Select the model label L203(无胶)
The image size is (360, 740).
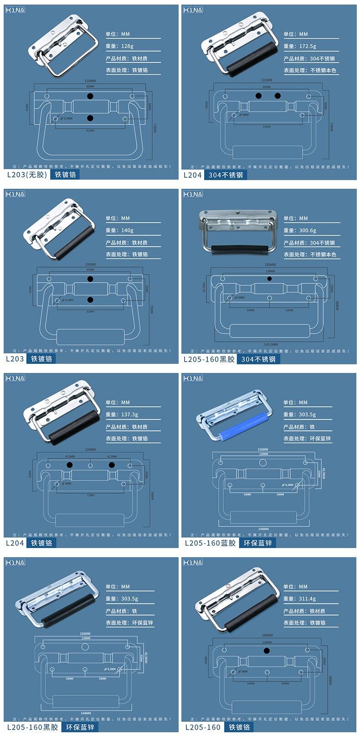click(27, 175)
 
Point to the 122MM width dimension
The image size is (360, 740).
click(267, 80)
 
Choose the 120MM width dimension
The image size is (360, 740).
click(90, 450)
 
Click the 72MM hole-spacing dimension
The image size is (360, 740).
click(90, 495)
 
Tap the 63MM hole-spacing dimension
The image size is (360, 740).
click(267, 126)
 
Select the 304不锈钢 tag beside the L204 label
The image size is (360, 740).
click(226, 175)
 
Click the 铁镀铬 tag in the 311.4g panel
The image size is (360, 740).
click(239, 727)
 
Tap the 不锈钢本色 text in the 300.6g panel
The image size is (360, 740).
click(323, 254)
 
